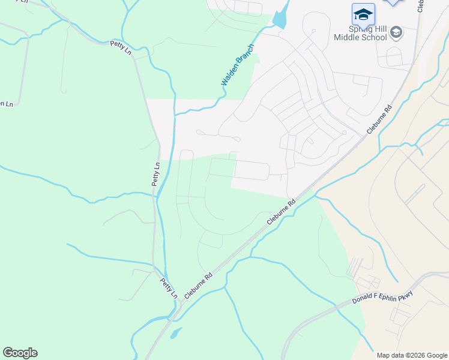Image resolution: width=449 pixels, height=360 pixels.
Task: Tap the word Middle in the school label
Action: (346, 38)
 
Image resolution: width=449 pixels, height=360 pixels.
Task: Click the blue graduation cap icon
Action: (363, 14)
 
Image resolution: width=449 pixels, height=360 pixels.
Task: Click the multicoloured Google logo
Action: (20, 353)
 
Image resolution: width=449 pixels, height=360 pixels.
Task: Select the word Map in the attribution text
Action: (384, 355)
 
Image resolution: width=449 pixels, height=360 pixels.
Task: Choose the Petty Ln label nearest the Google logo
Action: (169, 288)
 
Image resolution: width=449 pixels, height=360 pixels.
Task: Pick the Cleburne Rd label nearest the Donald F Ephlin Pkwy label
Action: (282, 212)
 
